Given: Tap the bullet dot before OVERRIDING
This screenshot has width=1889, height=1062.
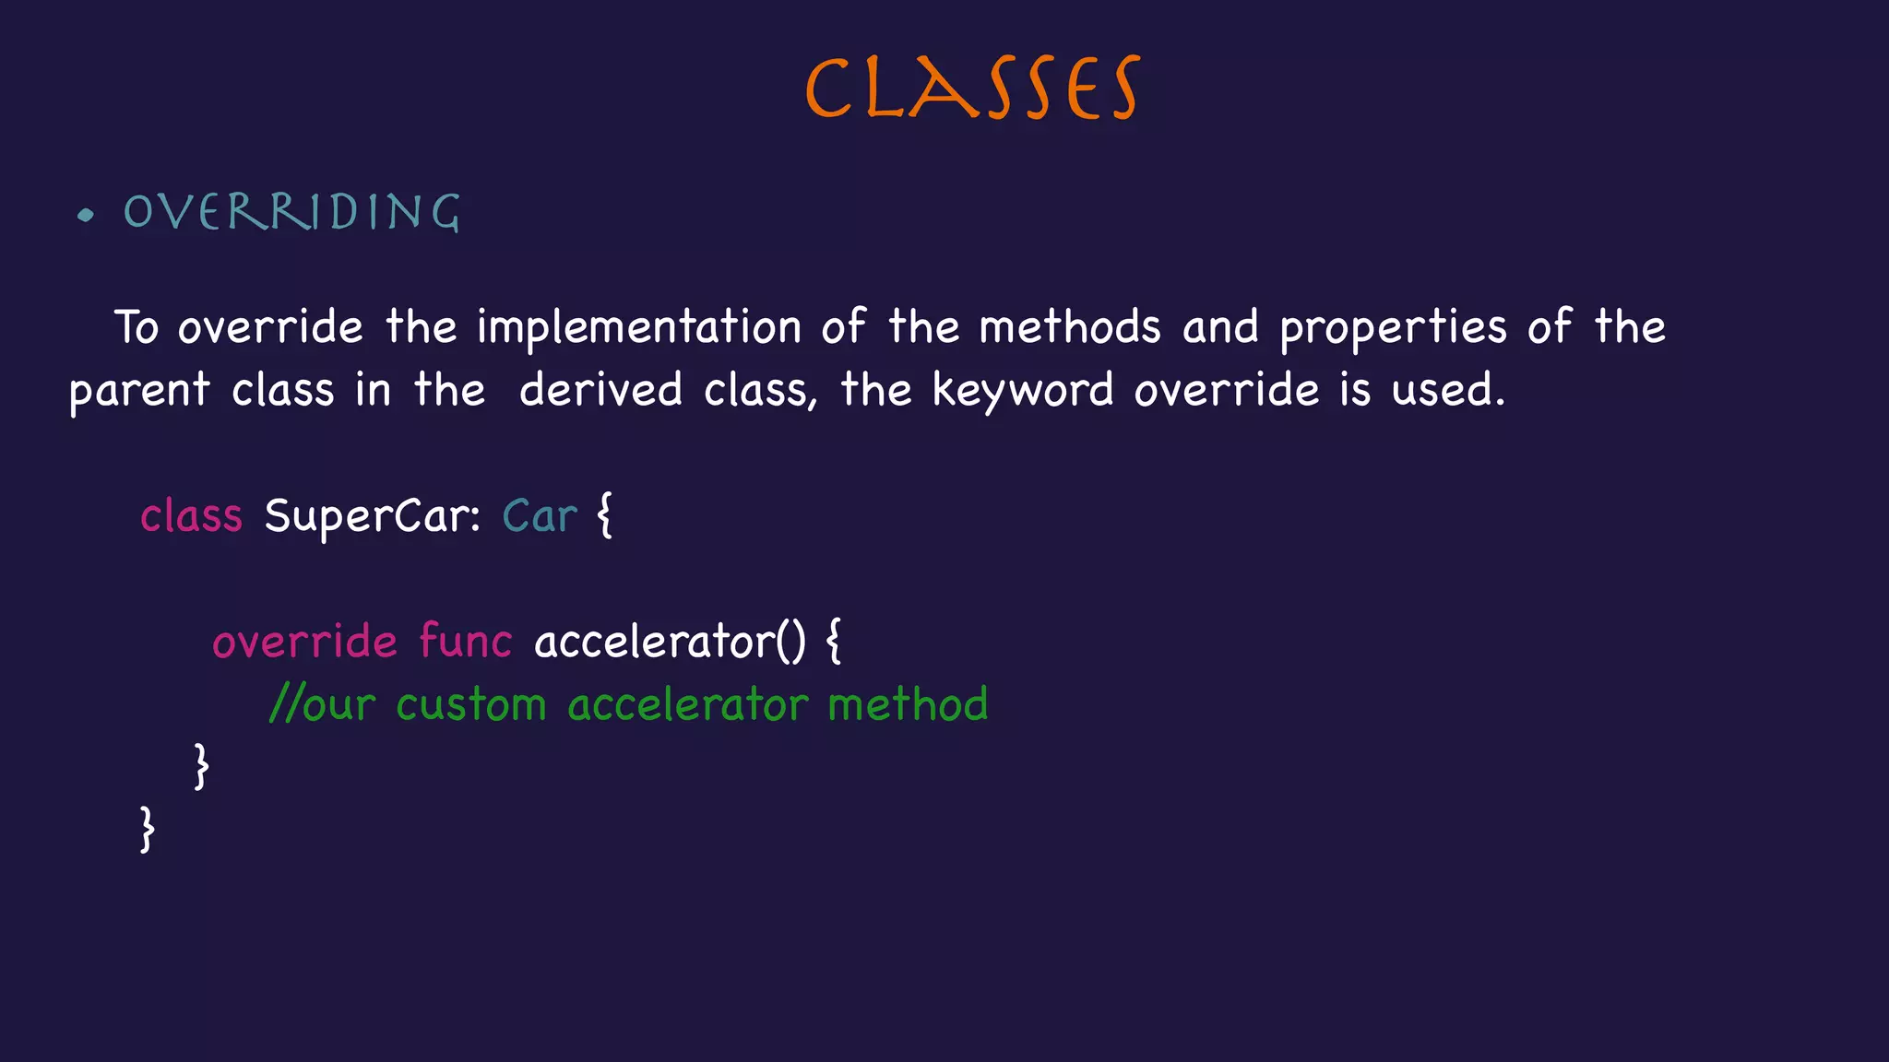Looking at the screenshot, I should (x=86, y=216).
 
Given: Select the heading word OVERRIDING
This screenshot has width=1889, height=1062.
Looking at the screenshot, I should (x=291, y=212).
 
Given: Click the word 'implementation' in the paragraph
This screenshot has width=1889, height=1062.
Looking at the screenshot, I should (x=638, y=328).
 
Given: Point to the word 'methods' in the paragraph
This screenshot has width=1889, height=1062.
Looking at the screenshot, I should (x=1069, y=327).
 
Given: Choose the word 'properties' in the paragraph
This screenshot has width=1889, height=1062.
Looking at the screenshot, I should (x=1393, y=328).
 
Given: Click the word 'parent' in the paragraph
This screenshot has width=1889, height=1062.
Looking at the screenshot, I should (x=139, y=391).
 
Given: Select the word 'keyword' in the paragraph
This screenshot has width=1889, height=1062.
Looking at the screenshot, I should (x=1022, y=391).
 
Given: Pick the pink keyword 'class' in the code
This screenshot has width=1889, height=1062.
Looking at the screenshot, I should (x=191, y=515).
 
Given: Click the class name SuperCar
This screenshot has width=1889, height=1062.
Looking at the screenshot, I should (x=372, y=516).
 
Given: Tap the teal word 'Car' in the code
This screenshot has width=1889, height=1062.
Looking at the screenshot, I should (x=540, y=516).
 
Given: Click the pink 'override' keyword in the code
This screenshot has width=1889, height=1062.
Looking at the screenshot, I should (x=304, y=641).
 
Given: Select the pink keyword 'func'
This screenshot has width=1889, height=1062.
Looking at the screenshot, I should (x=465, y=641).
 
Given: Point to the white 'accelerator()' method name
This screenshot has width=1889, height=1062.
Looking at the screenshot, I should (x=670, y=641).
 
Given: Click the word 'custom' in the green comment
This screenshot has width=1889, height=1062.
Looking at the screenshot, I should (x=471, y=705).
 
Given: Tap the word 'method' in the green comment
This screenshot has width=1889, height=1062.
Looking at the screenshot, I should (x=908, y=704).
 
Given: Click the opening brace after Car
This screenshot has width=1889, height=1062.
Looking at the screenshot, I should (x=605, y=515).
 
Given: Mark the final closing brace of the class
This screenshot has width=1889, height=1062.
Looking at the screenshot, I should (x=147, y=829).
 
